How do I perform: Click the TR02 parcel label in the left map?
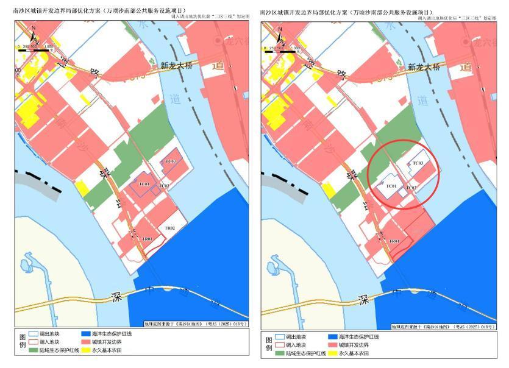click(x=170, y=228)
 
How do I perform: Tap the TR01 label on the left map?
click(x=147, y=239)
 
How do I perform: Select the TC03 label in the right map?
click(x=418, y=163)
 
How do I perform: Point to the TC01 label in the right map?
click(x=391, y=186)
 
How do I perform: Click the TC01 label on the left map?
click(x=144, y=183)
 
